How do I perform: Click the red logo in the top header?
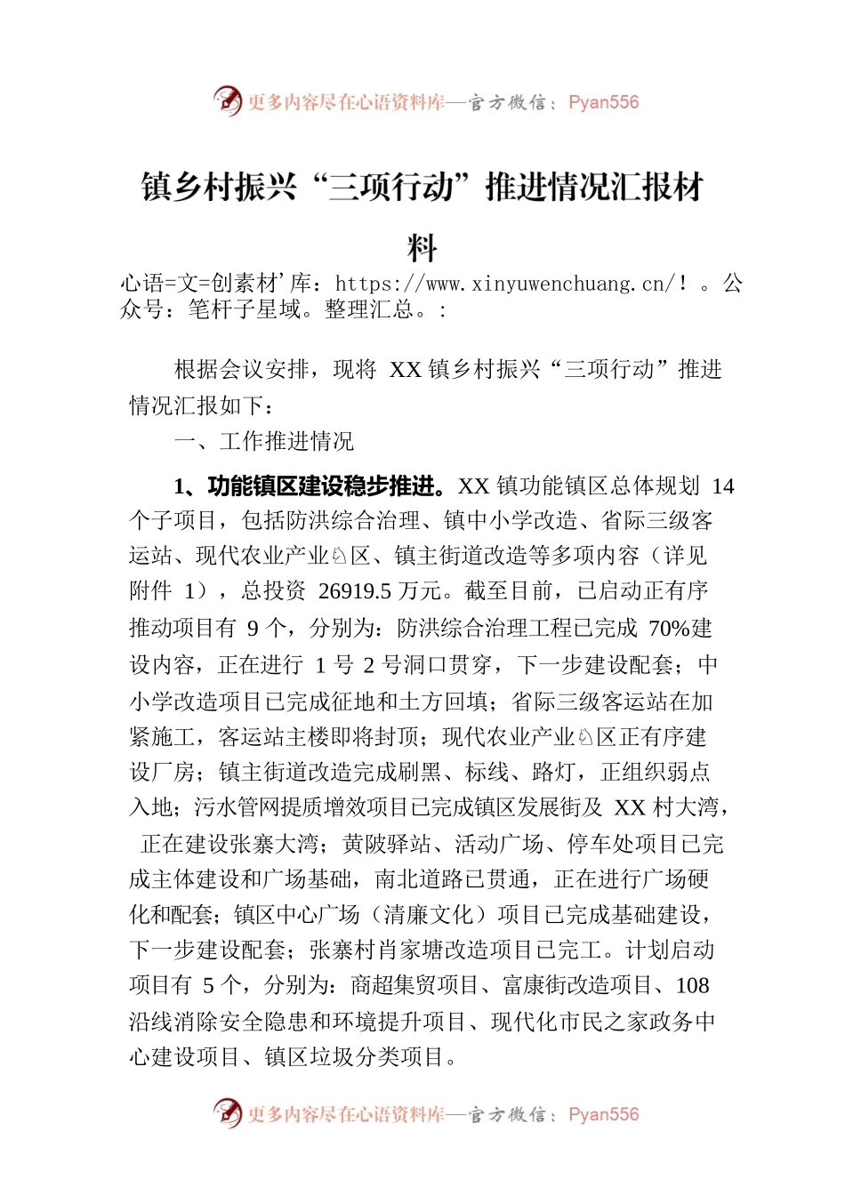tap(227, 101)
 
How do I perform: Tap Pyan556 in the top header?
tap(603, 102)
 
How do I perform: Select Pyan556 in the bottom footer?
tap(603, 1115)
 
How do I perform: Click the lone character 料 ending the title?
tap(422, 248)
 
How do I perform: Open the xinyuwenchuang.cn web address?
tap(505, 285)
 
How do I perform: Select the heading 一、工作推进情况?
tap(264, 441)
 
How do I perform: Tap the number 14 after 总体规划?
tap(723, 485)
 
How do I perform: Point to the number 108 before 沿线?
tap(692, 985)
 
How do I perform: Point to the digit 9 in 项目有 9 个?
tap(253, 628)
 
